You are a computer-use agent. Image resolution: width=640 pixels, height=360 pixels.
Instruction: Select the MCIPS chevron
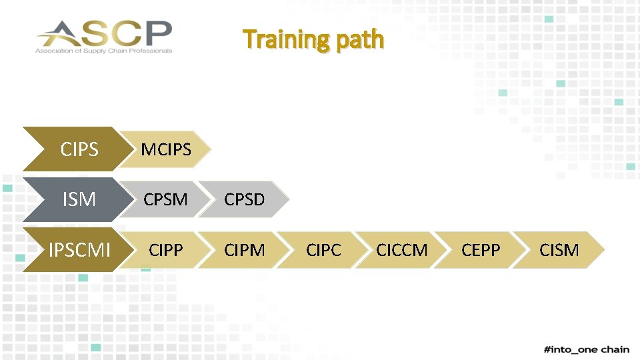(166, 149)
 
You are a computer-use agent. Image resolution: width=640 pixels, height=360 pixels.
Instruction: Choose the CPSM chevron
(165, 199)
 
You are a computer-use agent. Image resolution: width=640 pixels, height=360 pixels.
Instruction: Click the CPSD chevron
(244, 199)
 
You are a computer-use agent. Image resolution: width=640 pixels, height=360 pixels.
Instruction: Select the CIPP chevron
(165, 250)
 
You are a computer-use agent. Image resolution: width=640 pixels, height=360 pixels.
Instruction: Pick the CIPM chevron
(244, 250)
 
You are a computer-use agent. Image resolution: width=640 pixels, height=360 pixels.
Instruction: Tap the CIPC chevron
(323, 250)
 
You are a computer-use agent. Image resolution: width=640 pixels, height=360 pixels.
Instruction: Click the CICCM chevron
(401, 250)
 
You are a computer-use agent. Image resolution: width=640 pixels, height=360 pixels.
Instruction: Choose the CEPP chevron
(480, 250)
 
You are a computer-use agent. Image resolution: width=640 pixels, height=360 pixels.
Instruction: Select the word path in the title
(360, 39)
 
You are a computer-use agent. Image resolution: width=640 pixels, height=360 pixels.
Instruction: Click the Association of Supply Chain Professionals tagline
(104, 51)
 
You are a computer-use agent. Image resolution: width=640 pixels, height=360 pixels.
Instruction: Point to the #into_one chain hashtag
(586, 349)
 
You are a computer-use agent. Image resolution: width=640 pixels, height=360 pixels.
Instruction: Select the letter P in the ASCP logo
(160, 31)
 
